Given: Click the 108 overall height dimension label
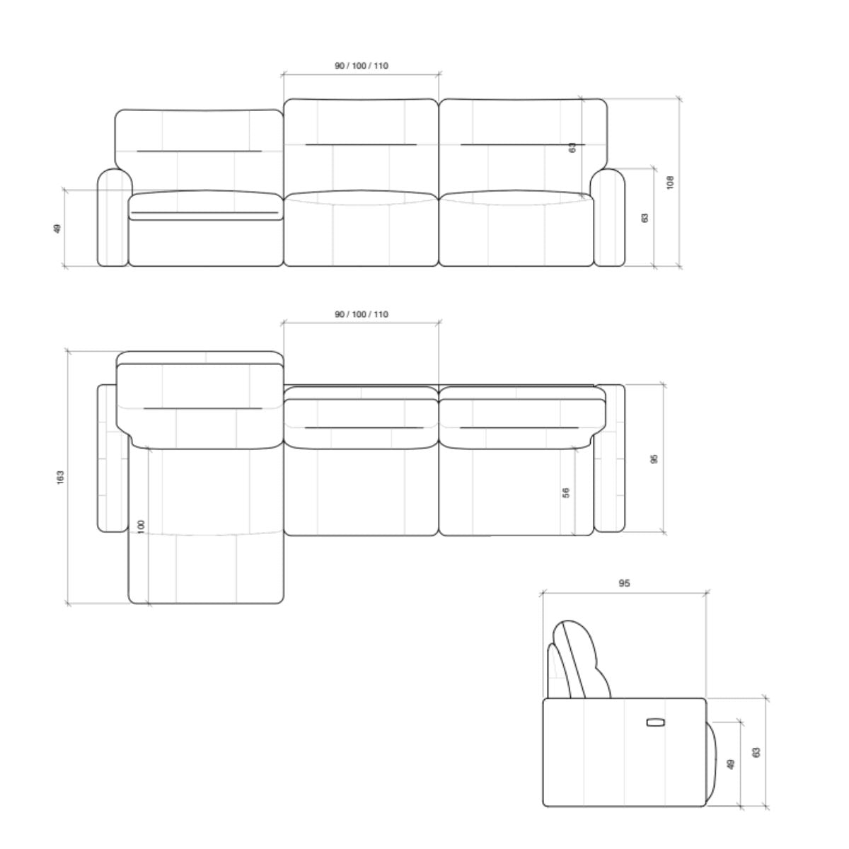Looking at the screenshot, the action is [670, 183].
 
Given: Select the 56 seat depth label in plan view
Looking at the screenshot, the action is [567, 493].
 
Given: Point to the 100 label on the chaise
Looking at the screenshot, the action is [141, 527].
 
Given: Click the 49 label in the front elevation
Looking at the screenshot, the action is [57, 229].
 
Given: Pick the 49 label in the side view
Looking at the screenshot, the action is [731, 764].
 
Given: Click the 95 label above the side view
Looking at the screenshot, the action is [624, 583].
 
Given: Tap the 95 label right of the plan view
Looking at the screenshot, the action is [654, 459].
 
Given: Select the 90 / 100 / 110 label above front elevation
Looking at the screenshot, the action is [362, 66].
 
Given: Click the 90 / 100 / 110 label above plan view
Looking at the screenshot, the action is [362, 315].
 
